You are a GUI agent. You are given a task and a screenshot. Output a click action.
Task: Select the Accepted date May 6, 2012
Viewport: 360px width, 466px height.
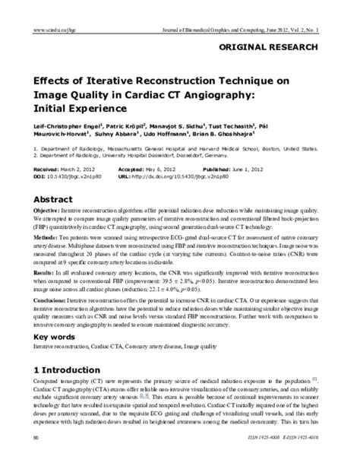(x=180, y=172)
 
